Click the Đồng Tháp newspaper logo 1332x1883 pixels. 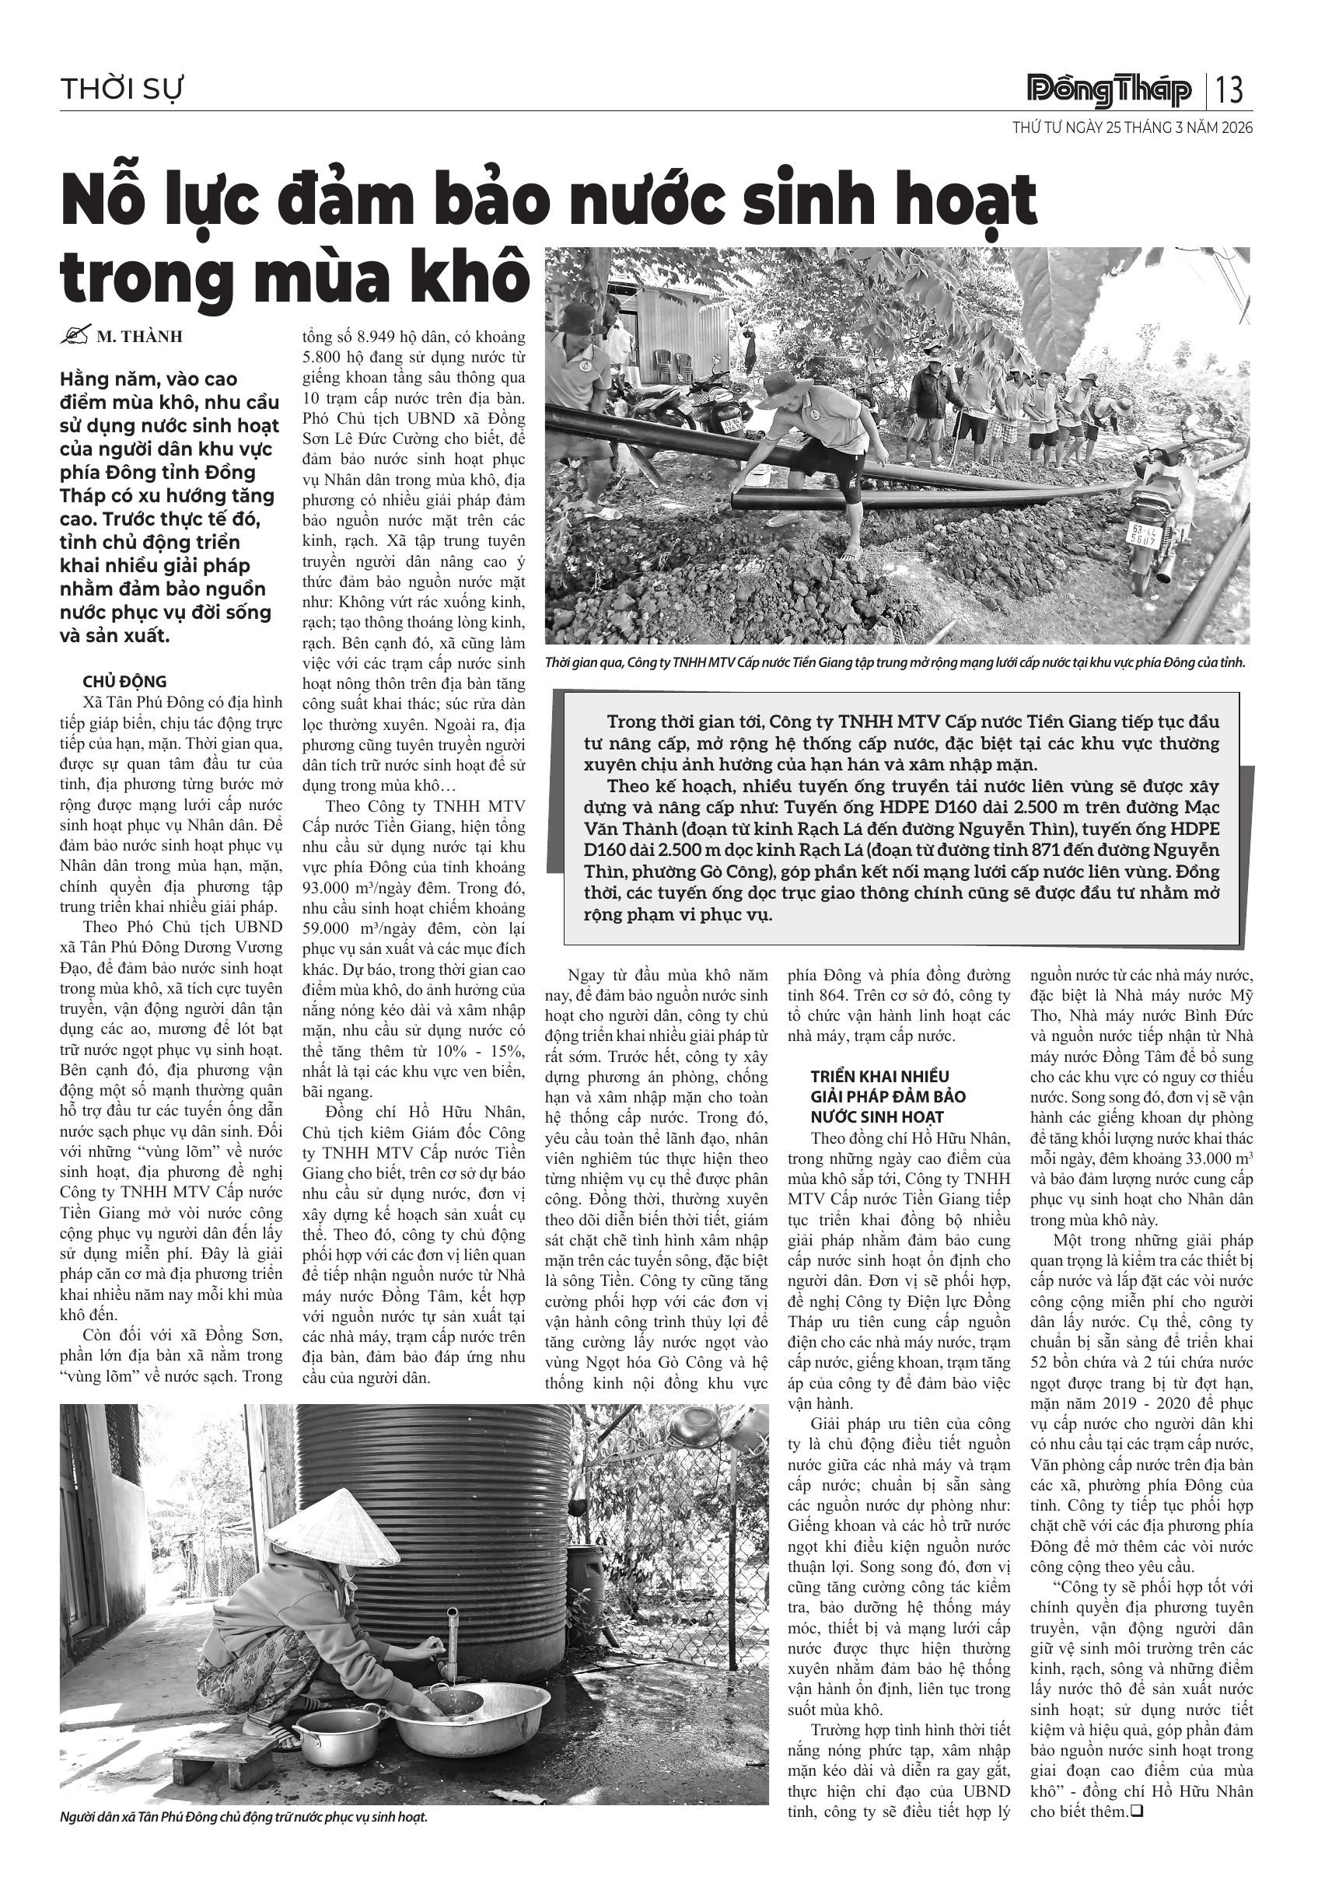tap(1109, 89)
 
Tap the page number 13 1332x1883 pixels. tap(1230, 89)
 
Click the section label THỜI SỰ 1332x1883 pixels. tap(121, 89)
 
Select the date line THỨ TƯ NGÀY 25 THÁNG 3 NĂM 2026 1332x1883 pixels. tap(1133, 129)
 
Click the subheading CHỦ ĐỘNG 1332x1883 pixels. tap(124, 682)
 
